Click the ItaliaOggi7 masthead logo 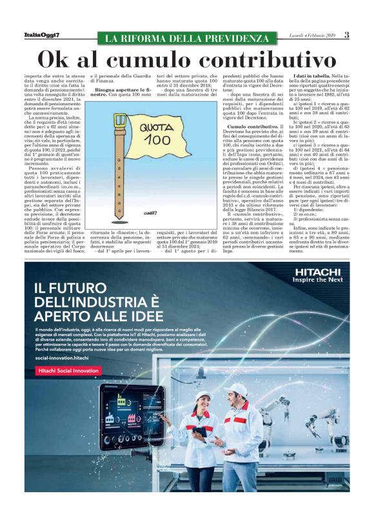(x=41, y=34)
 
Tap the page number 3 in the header (x=346, y=34)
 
